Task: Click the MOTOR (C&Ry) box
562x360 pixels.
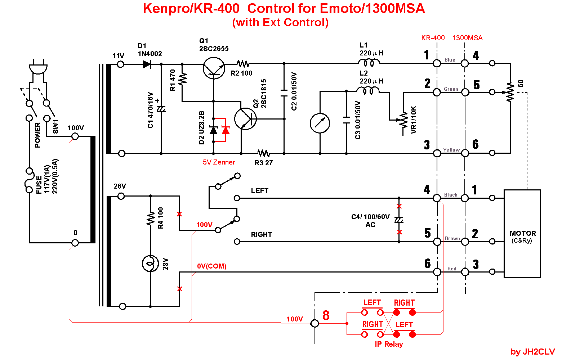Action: click(522, 234)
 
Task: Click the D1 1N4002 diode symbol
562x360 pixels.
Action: click(147, 64)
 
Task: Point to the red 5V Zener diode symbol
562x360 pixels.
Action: click(226, 130)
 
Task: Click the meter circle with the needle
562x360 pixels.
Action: click(320, 123)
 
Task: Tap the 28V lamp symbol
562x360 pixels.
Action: click(150, 264)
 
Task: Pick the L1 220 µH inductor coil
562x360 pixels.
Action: click(368, 63)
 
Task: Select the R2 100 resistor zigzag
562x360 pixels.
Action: click(244, 64)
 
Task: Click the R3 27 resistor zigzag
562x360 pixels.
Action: click(264, 153)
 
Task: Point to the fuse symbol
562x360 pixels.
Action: click(29, 180)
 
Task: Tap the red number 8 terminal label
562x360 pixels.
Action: click(326, 315)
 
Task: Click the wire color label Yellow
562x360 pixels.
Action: click(451, 150)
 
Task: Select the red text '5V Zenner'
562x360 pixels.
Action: click(219, 162)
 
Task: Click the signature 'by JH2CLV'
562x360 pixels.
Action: click(533, 352)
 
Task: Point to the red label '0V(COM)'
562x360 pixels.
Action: click(212, 266)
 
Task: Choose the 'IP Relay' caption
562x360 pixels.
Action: click(389, 344)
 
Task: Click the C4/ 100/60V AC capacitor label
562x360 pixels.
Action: click(370, 221)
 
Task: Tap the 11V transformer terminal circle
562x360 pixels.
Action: click(121, 64)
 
